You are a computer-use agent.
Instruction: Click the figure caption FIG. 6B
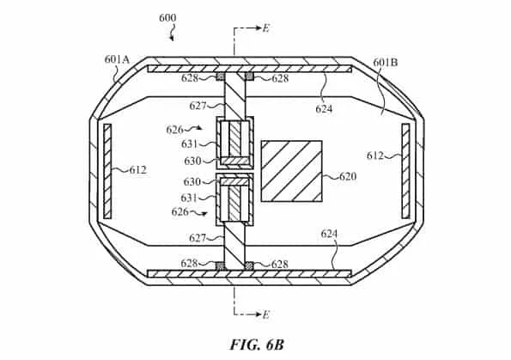[257, 345]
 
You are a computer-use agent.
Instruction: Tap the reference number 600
[167, 17]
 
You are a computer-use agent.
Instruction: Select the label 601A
[117, 59]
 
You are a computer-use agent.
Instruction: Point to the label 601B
[386, 62]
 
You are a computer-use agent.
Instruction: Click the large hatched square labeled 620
[292, 171]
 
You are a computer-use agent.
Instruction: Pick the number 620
[348, 176]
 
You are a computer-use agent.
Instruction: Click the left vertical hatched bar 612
[107, 171]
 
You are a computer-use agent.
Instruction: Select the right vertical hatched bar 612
[405, 171]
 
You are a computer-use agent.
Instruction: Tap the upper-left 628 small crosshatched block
[221, 76]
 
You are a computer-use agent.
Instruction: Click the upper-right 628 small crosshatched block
[250, 76]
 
